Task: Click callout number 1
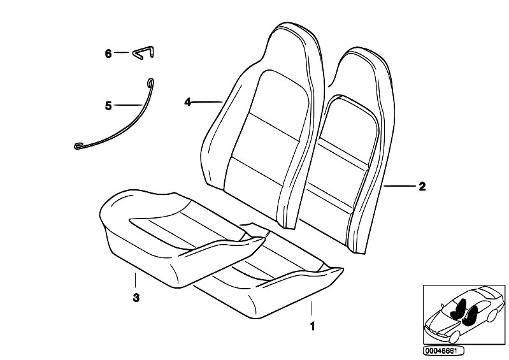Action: (312, 326)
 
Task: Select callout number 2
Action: (422, 186)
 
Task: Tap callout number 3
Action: (136, 298)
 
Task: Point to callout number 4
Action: (188, 102)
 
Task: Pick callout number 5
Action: (108, 106)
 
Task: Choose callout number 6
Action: (108, 54)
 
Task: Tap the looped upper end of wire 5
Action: (150, 82)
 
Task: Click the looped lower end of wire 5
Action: (79, 146)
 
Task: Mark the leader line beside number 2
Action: (399, 186)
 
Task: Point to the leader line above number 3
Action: (135, 280)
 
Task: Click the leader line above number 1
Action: (312, 308)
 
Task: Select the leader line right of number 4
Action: (207, 103)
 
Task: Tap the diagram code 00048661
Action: (443, 350)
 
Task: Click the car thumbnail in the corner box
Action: (464, 315)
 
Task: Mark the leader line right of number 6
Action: (122, 53)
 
